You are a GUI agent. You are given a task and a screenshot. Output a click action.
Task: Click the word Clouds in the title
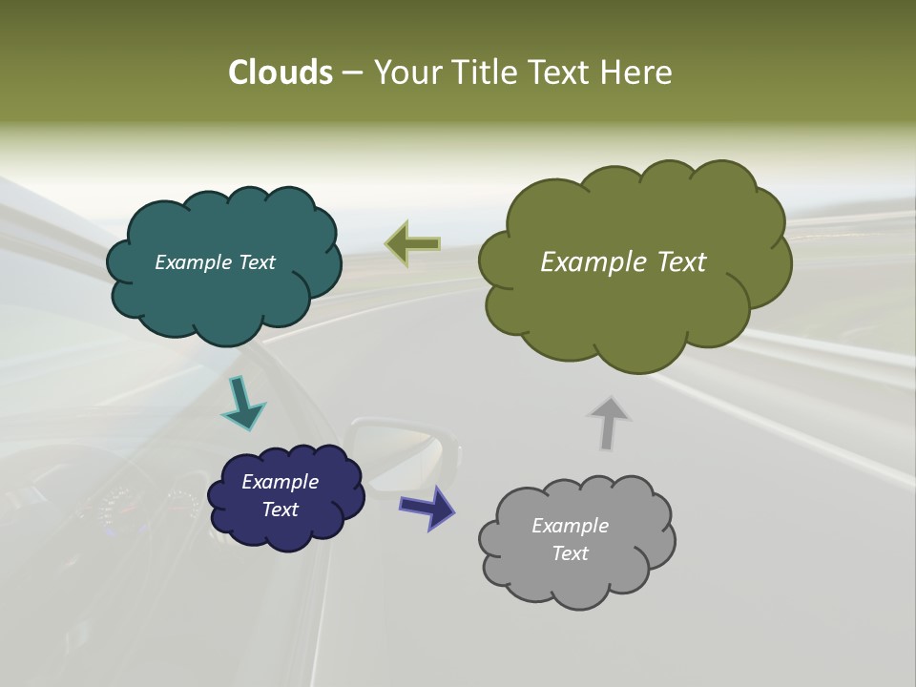(280, 72)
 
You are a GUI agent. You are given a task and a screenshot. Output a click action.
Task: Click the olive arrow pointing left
(413, 244)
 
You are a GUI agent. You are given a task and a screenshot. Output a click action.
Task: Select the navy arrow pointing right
(427, 506)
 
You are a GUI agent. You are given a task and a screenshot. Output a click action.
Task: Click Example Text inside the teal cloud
(215, 262)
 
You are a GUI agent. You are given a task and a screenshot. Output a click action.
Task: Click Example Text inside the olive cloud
(623, 262)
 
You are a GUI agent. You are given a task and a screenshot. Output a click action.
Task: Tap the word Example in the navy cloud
(280, 482)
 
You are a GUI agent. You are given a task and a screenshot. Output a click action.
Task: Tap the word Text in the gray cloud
(570, 553)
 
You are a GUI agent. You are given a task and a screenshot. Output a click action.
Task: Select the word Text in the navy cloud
(280, 510)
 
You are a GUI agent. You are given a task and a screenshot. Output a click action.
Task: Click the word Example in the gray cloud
(570, 526)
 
